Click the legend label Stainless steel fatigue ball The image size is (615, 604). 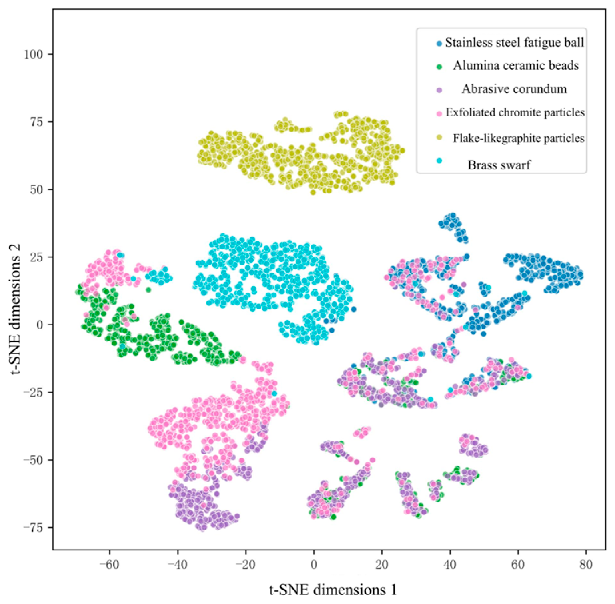pyautogui.click(x=514, y=42)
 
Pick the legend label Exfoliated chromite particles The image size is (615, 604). pyautogui.click(x=515, y=112)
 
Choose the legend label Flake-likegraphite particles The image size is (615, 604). pyautogui.click(x=519, y=138)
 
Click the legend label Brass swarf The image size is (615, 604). pyautogui.click(x=499, y=165)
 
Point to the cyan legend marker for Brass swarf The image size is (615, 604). pyautogui.click(x=439, y=161)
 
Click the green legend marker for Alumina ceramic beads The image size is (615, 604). pyautogui.click(x=439, y=67)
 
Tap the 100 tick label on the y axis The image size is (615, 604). pyautogui.click(x=33, y=54)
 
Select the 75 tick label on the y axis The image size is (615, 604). pyautogui.click(x=36, y=122)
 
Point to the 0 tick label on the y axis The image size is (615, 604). pyautogui.click(x=40, y=325)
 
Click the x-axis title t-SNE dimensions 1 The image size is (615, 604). pyautogui.click(x=333, y=590)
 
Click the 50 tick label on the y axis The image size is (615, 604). pyautogui.click(x=36, y=189)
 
